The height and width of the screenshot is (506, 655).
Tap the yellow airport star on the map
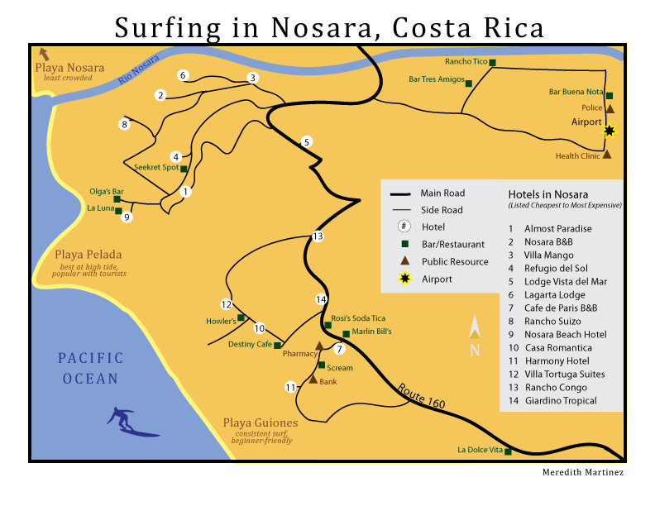(x=610, y=130)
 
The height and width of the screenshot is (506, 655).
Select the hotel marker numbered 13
(x=317, y=237)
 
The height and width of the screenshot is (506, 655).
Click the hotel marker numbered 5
(x=307, y=141)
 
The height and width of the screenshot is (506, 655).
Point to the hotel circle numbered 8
(x=125, y=125)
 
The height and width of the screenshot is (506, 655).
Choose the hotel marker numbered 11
(x=290, y=387)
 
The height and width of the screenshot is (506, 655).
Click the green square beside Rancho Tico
(x=492, y=63)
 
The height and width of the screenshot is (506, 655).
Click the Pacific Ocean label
(x=90, y=369)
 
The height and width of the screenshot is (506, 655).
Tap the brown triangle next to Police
(x=610, y=108)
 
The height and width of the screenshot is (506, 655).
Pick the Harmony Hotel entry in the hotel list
(x=549, y=360)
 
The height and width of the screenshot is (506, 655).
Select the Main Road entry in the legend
(x=442, y=193)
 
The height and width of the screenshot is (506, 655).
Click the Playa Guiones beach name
(x=260, y=422)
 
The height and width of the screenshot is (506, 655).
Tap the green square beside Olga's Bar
(x=117, y=199)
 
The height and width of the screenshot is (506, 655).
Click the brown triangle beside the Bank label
(x=313, y=379)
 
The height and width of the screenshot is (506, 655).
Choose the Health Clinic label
(x=577, y=155)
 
